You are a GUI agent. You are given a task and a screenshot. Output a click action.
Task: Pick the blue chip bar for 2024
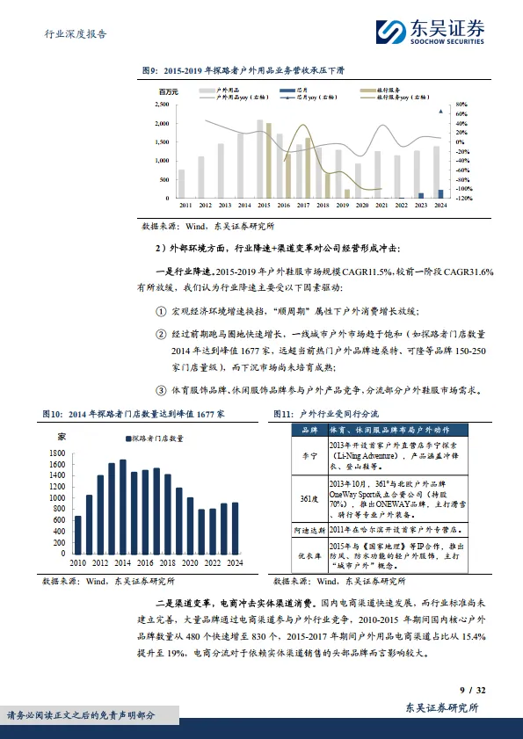(x=440, y=193)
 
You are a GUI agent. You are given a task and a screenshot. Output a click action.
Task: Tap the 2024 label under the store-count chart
(x=234, y=562)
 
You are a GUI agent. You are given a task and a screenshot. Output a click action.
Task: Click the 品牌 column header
(x=309, y=431)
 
